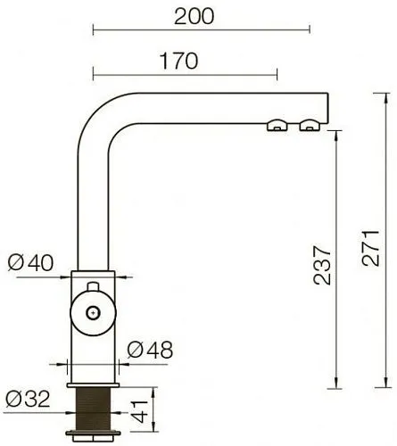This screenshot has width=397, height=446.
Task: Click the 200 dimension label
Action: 194,17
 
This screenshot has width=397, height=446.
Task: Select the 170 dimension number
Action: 178,61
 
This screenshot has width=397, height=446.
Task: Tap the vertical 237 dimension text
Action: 322,265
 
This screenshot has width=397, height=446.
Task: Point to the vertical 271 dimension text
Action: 370,248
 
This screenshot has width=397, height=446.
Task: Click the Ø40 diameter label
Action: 30,262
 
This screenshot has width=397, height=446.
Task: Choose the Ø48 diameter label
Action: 150,350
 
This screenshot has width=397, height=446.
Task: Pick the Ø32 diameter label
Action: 28,399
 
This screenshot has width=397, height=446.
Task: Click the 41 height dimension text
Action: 139,412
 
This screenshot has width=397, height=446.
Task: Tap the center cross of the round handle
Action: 93,313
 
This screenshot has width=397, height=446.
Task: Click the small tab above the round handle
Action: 93,286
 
